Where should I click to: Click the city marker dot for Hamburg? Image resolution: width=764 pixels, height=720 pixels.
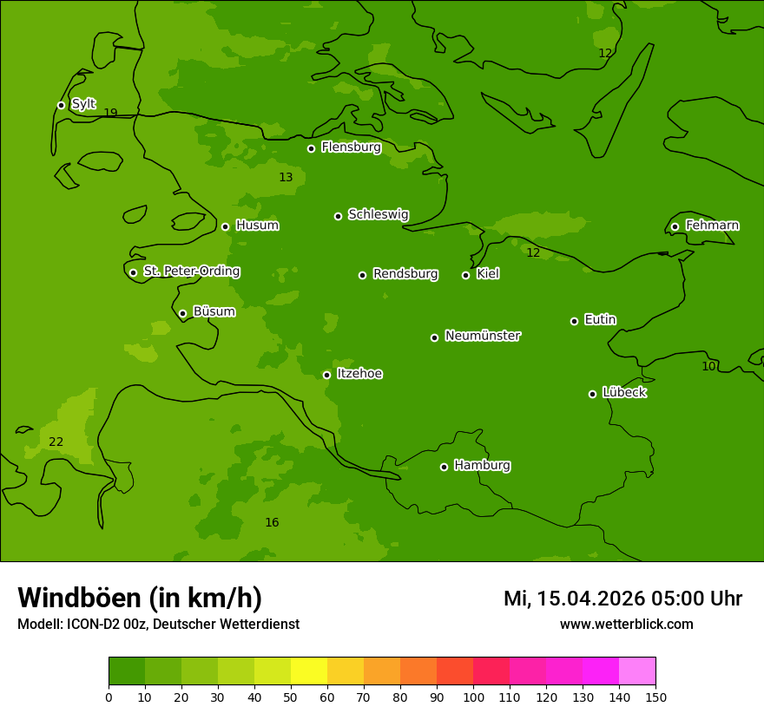444,467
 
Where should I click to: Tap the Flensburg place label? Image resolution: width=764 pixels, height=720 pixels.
351,147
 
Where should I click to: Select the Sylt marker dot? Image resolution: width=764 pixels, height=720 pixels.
61,105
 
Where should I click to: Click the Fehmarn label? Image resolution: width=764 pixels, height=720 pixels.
712,226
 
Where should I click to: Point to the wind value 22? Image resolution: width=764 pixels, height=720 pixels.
56,442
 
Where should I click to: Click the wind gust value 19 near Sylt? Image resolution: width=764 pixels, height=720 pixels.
110,113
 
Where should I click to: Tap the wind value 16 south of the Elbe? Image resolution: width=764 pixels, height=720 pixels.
272,522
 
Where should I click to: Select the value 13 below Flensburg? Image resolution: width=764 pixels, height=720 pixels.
286,177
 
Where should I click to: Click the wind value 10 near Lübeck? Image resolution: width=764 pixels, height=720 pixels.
708,366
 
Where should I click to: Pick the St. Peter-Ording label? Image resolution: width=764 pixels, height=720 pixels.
191,272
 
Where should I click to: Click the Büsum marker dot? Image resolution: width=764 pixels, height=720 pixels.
182,313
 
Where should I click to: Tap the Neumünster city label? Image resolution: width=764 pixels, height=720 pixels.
483,336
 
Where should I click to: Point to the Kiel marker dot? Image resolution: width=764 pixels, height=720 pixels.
465,275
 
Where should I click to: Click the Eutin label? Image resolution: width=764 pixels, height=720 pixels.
600,320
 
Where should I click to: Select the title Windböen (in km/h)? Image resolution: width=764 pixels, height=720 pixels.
140,598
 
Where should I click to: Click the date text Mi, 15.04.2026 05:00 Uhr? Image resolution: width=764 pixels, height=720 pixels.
622,599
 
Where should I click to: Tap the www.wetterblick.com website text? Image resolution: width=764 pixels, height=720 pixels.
626,624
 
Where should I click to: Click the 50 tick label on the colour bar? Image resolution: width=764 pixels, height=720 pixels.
291,697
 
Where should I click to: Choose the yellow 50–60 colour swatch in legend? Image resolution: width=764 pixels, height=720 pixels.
309,671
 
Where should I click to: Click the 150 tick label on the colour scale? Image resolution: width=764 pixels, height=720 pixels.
655,697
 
